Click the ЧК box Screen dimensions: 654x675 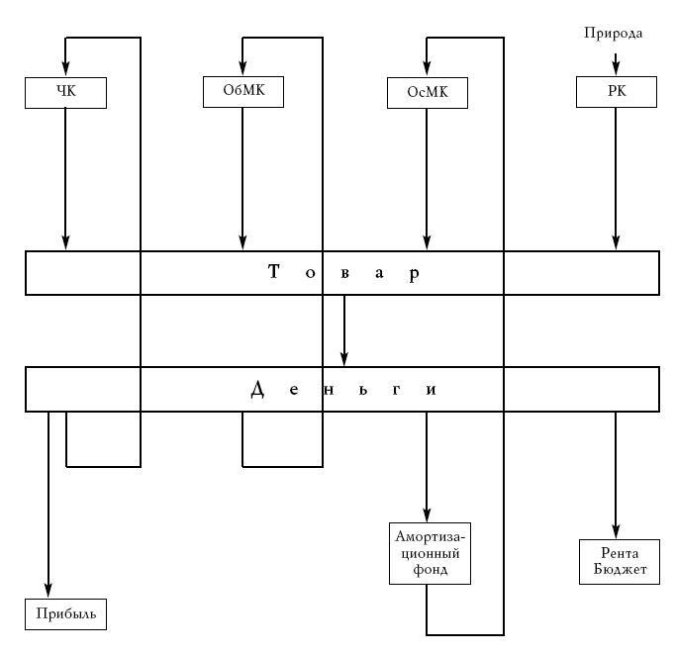pos(65,92)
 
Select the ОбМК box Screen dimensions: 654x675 pos(242,92)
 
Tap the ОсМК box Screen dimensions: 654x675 pos(427,93)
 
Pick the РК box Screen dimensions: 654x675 pos(616,92)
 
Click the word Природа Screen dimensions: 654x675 pos(613,34)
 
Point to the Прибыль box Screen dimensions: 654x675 pos(65,614)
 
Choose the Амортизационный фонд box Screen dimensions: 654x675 pos(427,553)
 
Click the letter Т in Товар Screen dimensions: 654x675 pos(274,273)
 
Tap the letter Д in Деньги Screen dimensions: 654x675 pos(258,389)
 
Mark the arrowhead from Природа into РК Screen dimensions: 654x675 pos(616,68)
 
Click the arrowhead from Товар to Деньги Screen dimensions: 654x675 pos(344,359)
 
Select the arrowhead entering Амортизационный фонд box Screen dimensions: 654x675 pos(427,513)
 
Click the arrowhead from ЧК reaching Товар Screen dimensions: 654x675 pos(65,243)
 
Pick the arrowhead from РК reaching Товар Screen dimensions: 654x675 pos(616,243)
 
